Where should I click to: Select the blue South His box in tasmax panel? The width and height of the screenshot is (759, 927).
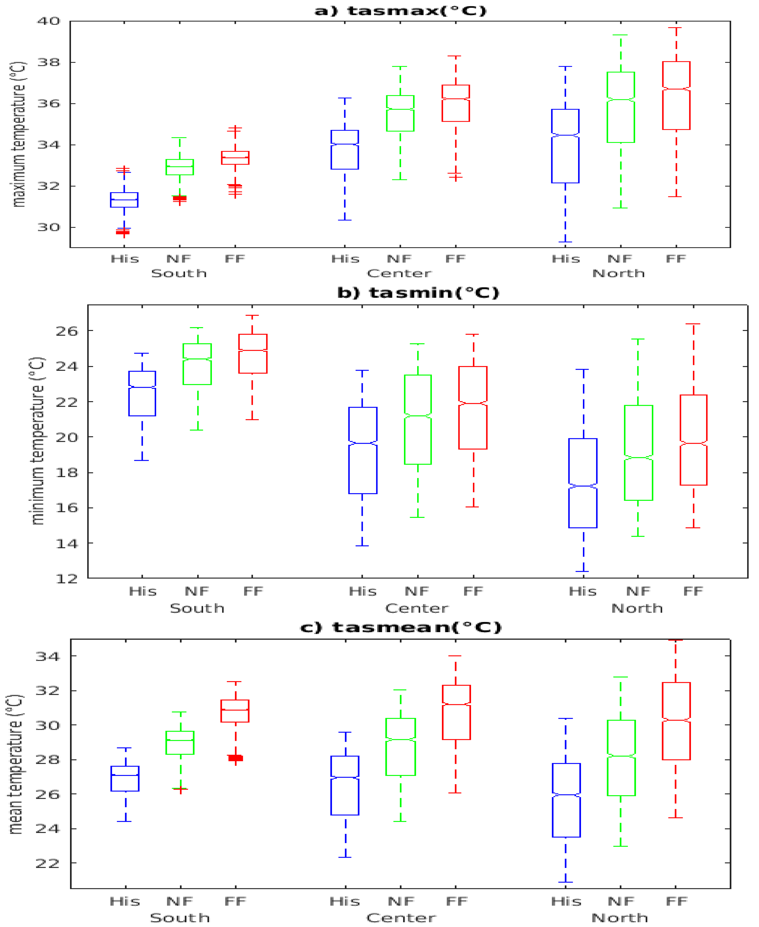click(x=124, y=200)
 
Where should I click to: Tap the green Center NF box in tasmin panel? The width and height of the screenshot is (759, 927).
click(x=418, y=419)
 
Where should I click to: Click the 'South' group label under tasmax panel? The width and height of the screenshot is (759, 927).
click(x=179, y=273)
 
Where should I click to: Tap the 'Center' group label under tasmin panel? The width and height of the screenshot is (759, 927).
click(x=417, y=608)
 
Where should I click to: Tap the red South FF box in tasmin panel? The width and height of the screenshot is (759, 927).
click(x=253, y=354)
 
